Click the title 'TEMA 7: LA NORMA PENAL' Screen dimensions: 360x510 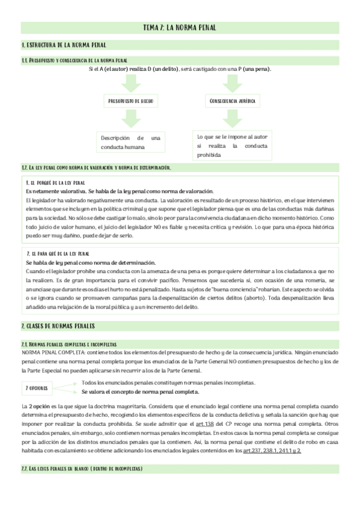180,28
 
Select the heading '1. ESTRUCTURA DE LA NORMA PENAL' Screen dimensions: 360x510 64,46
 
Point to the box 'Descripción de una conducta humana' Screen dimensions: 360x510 130,142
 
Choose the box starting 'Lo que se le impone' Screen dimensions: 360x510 232,145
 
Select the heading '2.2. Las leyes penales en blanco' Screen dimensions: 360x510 81,469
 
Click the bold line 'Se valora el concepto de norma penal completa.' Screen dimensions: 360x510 148,392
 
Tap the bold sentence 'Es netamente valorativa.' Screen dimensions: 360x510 52,191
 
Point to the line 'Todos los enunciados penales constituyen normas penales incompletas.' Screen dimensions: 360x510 168,382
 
